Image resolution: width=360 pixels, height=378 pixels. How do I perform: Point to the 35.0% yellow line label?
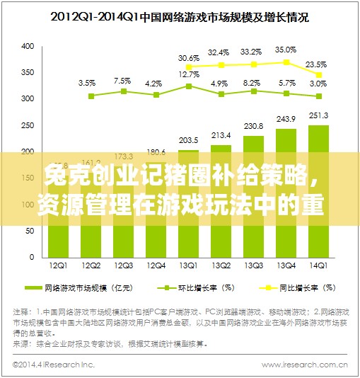pyautogui.click(x=286, y=50)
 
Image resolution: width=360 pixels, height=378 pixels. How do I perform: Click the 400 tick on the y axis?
pyautogui.click(x=28, y=47)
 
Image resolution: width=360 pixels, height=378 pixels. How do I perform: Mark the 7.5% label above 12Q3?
pyautogui.click(x=122, y=81)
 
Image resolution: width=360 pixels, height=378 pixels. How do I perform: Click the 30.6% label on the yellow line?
pyautogui.click(x=188, y=57)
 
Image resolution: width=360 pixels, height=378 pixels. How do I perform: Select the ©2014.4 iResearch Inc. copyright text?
pyautogui.click(x=54, y=366)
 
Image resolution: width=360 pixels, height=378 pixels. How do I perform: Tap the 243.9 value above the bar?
pyautogui.click(x=286, y=119)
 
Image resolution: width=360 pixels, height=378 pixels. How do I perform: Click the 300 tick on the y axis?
pyautogui.click(x=28, y=99)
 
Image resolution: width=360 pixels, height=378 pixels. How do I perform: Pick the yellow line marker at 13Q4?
pyautogui.click(x=286, y=62)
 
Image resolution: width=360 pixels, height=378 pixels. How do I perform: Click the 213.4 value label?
pyautogui.click(x=221, y=135)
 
